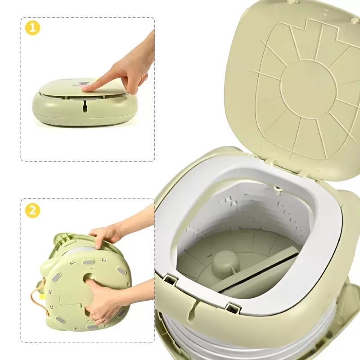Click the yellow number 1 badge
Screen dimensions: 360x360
pyautogui.click(x=32, y=28)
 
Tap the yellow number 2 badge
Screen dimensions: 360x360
pyautogui.click(x=32, y=210)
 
